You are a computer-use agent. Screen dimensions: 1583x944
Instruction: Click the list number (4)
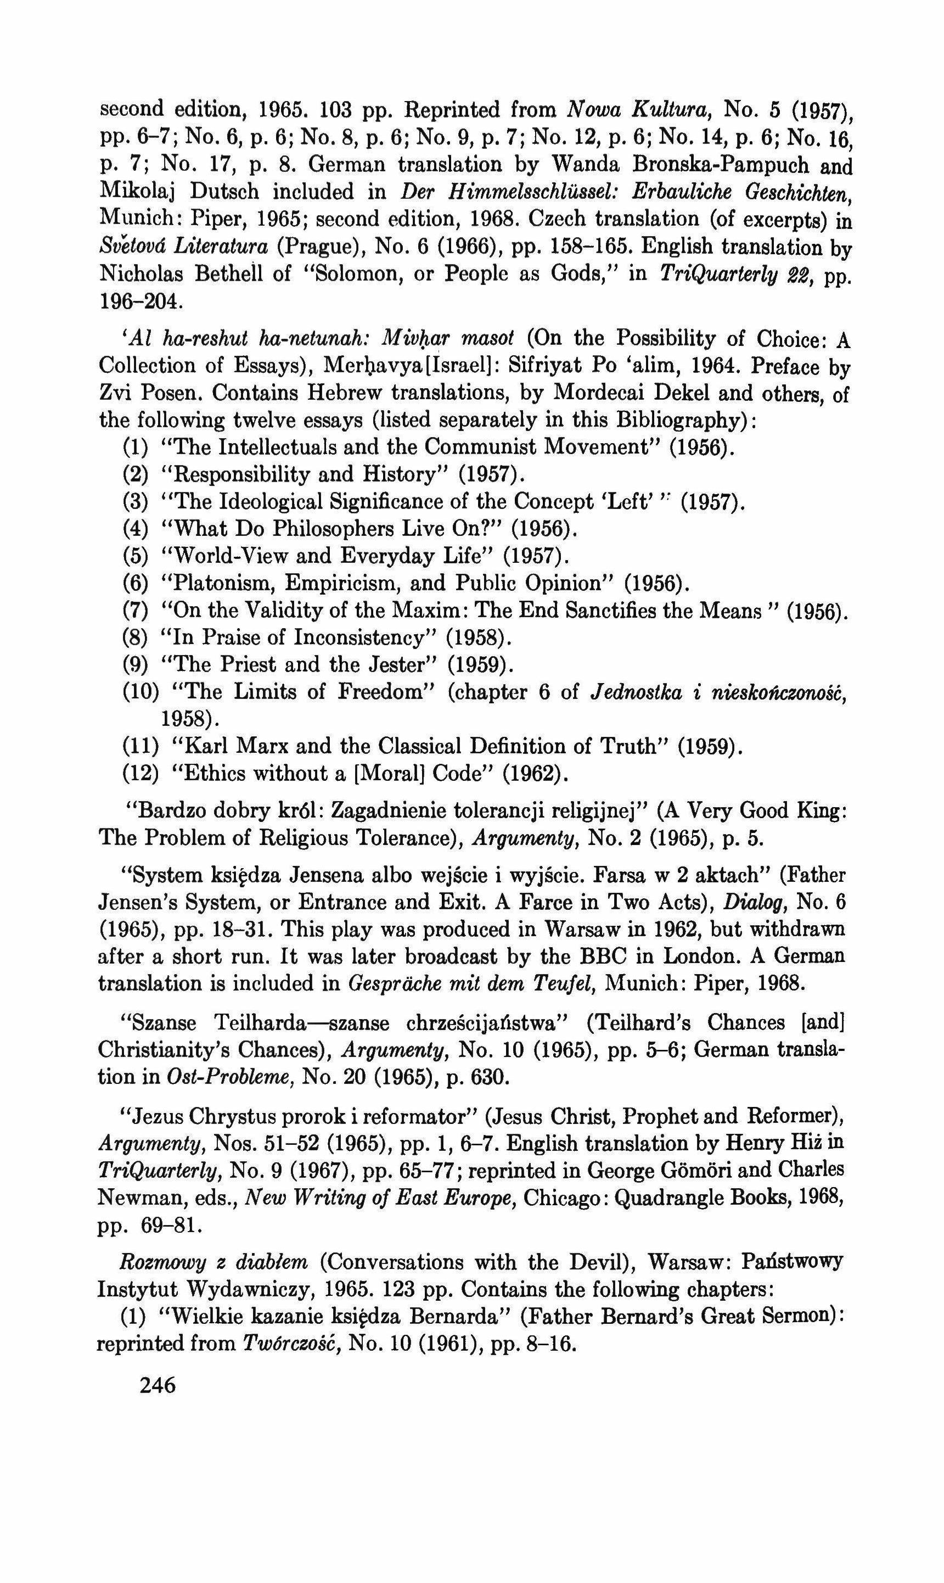(x=136, y=529)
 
